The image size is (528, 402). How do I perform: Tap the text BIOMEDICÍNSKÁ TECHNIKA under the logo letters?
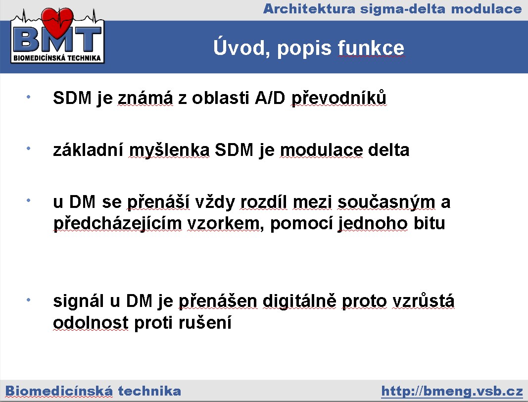[x=57, y=58]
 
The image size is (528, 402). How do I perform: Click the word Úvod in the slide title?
[x=240, y=47]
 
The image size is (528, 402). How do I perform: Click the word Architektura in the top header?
[x=309, y=9]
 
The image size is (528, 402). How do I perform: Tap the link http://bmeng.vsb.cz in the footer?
[x=452, y=391]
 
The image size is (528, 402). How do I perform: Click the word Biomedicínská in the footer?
[x=59, y=391]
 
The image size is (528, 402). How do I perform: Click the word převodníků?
[x=339, y=98]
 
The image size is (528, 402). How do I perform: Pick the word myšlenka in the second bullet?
[x=169, y=151]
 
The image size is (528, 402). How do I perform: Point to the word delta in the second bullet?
[x=388, y=150]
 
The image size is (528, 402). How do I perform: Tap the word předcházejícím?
[x=118, y=224]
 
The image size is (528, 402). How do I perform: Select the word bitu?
[x=430, y=223]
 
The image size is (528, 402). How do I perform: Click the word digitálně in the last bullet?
[x=299, y=301]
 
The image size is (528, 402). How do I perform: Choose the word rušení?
[x=205, y=322]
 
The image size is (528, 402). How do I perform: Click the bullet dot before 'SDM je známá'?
[x=29, y=97]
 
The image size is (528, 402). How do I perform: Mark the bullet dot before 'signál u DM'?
[x=29, y=300]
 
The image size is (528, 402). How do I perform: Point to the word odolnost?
[x=91, y=322]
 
